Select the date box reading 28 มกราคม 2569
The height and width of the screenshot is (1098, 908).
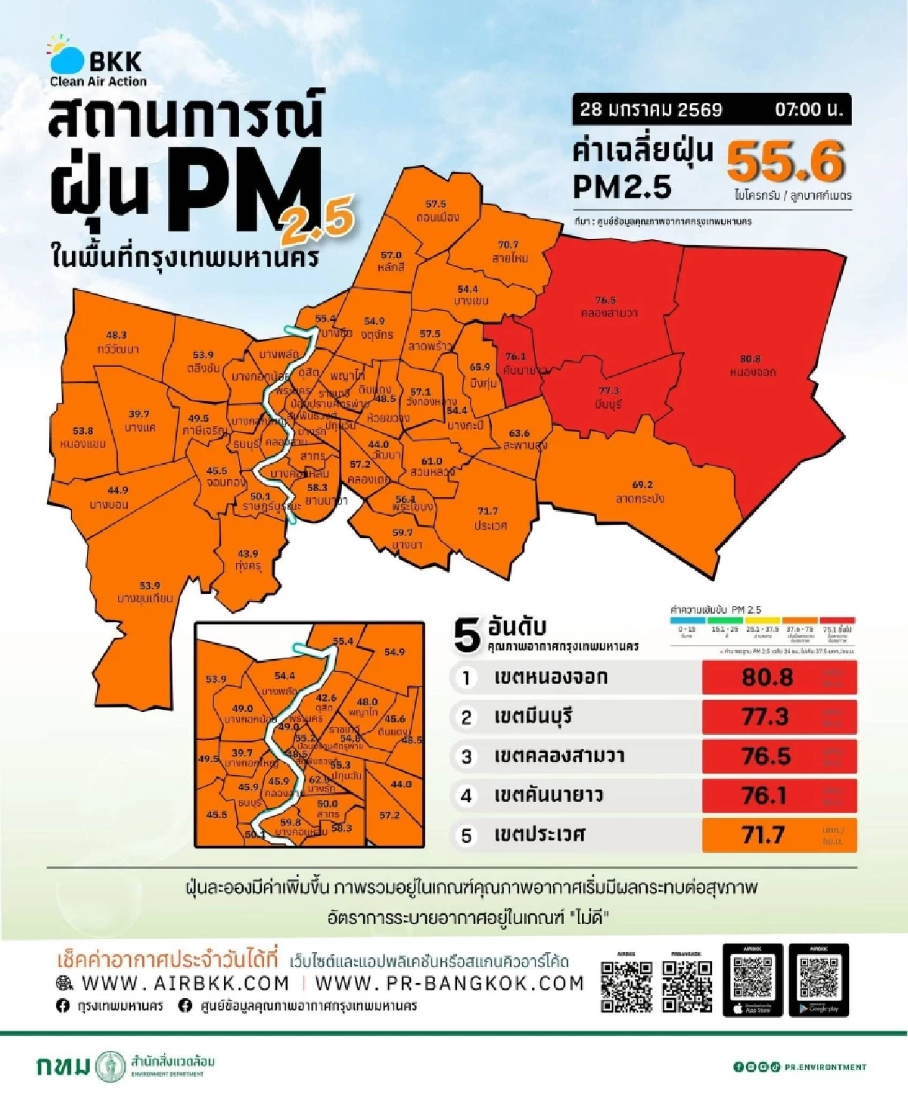coord(651,110)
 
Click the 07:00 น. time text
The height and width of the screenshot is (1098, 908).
coord(808,110)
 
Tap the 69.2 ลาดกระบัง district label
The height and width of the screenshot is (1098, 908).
coord(641,492)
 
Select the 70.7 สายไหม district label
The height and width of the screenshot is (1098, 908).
coord(508,251)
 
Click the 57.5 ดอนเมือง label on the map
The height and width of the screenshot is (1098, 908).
coord(437,211)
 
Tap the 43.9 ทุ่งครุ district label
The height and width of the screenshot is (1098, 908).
coord(248,560)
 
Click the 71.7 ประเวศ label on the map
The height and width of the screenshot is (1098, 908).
coord(489,518)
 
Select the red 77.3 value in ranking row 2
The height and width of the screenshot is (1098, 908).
coord(766,716)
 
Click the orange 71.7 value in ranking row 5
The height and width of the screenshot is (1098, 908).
coord(763,835)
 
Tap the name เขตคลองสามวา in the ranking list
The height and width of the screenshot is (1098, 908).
coord(559,756)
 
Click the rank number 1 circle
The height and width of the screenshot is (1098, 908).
coord(466,677)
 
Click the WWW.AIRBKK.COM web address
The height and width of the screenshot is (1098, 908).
coord(185,983)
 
